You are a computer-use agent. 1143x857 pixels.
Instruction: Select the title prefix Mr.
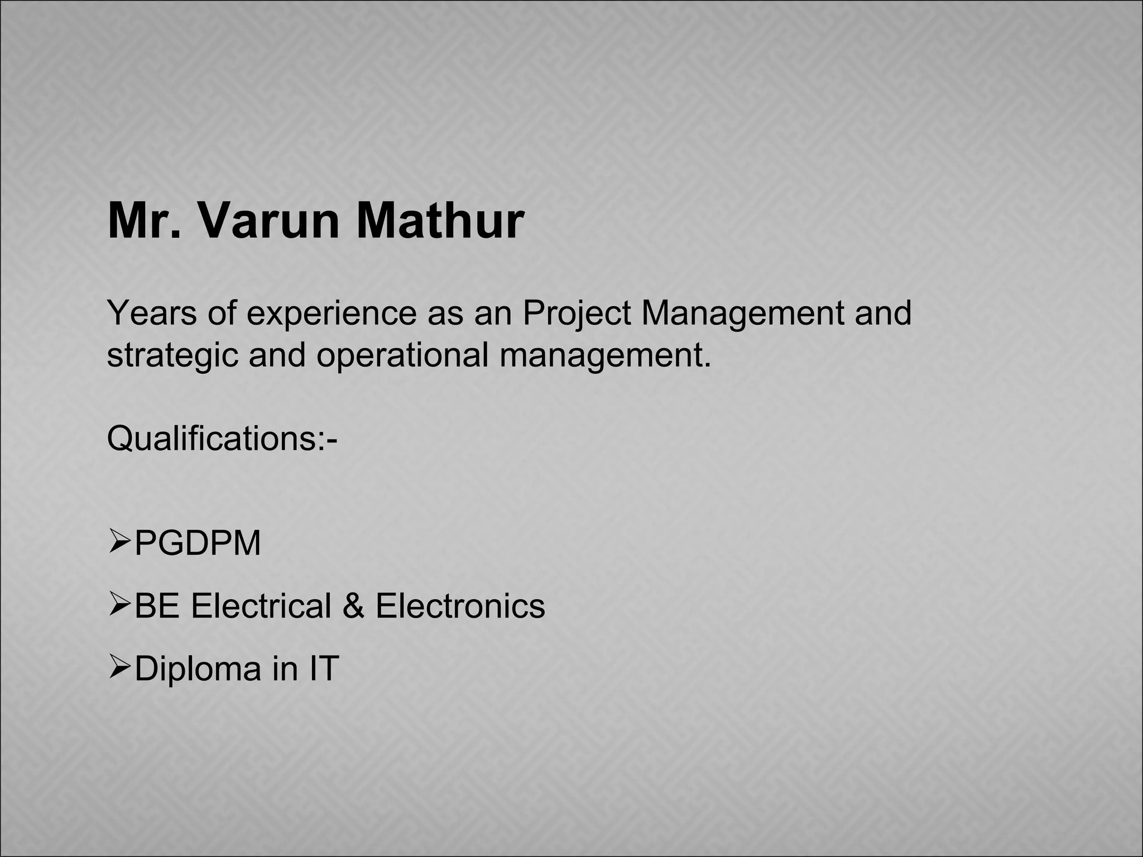pos(145,221)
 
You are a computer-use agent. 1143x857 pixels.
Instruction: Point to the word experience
pos(332,314)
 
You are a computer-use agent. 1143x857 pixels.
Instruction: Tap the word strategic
pos(172,356)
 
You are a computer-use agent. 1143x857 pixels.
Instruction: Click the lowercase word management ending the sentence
pos(605,356)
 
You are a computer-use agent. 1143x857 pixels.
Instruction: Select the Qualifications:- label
pos(222,439)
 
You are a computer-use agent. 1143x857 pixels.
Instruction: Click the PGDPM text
pos(198,543)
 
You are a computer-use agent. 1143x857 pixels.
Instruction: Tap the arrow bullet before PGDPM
pos(119,542)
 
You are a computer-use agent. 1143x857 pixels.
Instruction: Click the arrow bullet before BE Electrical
pos(119,605)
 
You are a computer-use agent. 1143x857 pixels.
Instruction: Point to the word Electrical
pos(261,606)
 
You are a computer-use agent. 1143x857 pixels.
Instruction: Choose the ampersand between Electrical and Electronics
pos(353,606)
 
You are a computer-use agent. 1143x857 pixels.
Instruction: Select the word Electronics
pos(460,606)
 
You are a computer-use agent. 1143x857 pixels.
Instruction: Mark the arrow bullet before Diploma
pos(119,667)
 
